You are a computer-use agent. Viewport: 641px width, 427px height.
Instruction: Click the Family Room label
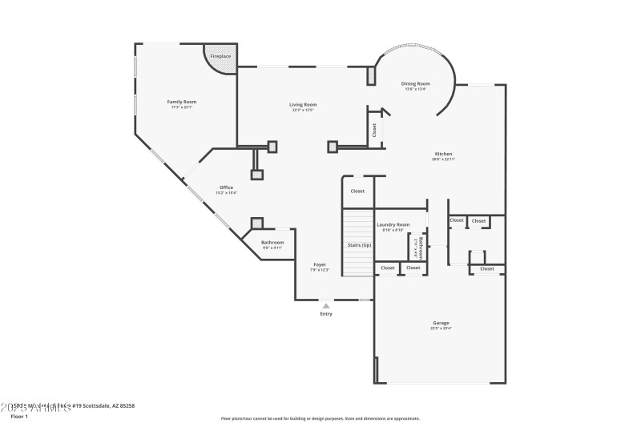(x=181, y=102)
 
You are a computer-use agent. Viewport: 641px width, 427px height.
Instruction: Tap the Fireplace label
(x=220, y=57)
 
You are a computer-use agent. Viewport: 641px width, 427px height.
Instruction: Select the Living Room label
(x=303, y=104)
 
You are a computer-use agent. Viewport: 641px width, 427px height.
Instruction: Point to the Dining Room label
(x=416, y=83)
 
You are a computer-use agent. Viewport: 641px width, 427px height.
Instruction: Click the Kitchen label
(x=443, y=154)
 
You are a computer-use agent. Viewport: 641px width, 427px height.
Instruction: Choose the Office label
(x=227, y=187)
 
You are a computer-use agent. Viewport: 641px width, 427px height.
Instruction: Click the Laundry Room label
(x=393, y=224)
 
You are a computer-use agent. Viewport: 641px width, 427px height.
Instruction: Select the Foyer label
(x=319, y=264)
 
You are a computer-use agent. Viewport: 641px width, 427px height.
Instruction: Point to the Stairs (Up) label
(x=359, y=245)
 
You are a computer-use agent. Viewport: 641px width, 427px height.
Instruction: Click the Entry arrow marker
(x=325, y=305)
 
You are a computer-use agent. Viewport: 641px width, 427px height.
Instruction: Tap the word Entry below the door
(x=325, y=313)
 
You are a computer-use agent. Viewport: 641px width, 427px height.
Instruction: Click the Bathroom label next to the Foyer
(x=272, y=242)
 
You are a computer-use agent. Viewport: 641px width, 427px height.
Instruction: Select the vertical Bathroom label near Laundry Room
(x=419, y=245)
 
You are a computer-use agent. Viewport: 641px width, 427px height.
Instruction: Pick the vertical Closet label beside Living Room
(x=374, y=130)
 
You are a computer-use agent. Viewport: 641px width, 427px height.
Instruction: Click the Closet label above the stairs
(x=357, y=191)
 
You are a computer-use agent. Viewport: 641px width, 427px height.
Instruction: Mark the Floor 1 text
(x=18, y=417)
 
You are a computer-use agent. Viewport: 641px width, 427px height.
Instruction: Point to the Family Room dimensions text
(x=181, y=107)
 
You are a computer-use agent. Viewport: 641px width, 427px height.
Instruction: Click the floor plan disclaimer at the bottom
(x=320, y=418)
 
